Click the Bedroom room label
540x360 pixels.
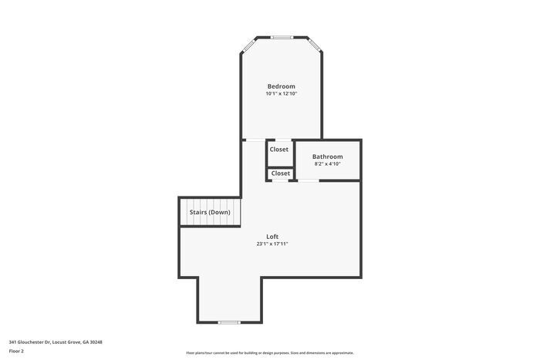tap(281, 86)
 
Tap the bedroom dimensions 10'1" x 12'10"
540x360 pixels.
tap(281, 94)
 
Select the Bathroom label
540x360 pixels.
tap(327, 156)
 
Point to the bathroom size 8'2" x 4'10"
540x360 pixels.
tap(327, 164)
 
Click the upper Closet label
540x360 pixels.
tap(279, 150)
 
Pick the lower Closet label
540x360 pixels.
tap(281, 173)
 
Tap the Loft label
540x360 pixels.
tap(272, 237)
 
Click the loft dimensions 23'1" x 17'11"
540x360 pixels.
tap(272, 244)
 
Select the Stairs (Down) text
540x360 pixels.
tap(210, 212)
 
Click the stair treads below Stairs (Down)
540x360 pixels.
tap(211, 221)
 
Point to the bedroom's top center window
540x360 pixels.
tap(282, 36)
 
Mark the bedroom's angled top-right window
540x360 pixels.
tap(315, 45)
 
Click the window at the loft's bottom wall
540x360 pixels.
tap(229, 321)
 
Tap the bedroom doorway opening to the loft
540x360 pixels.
tap(253, 140)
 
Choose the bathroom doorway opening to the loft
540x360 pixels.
tap(309, 181)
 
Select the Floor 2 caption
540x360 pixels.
tap(17, 351)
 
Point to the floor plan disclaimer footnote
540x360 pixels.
tap(269, 352)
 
